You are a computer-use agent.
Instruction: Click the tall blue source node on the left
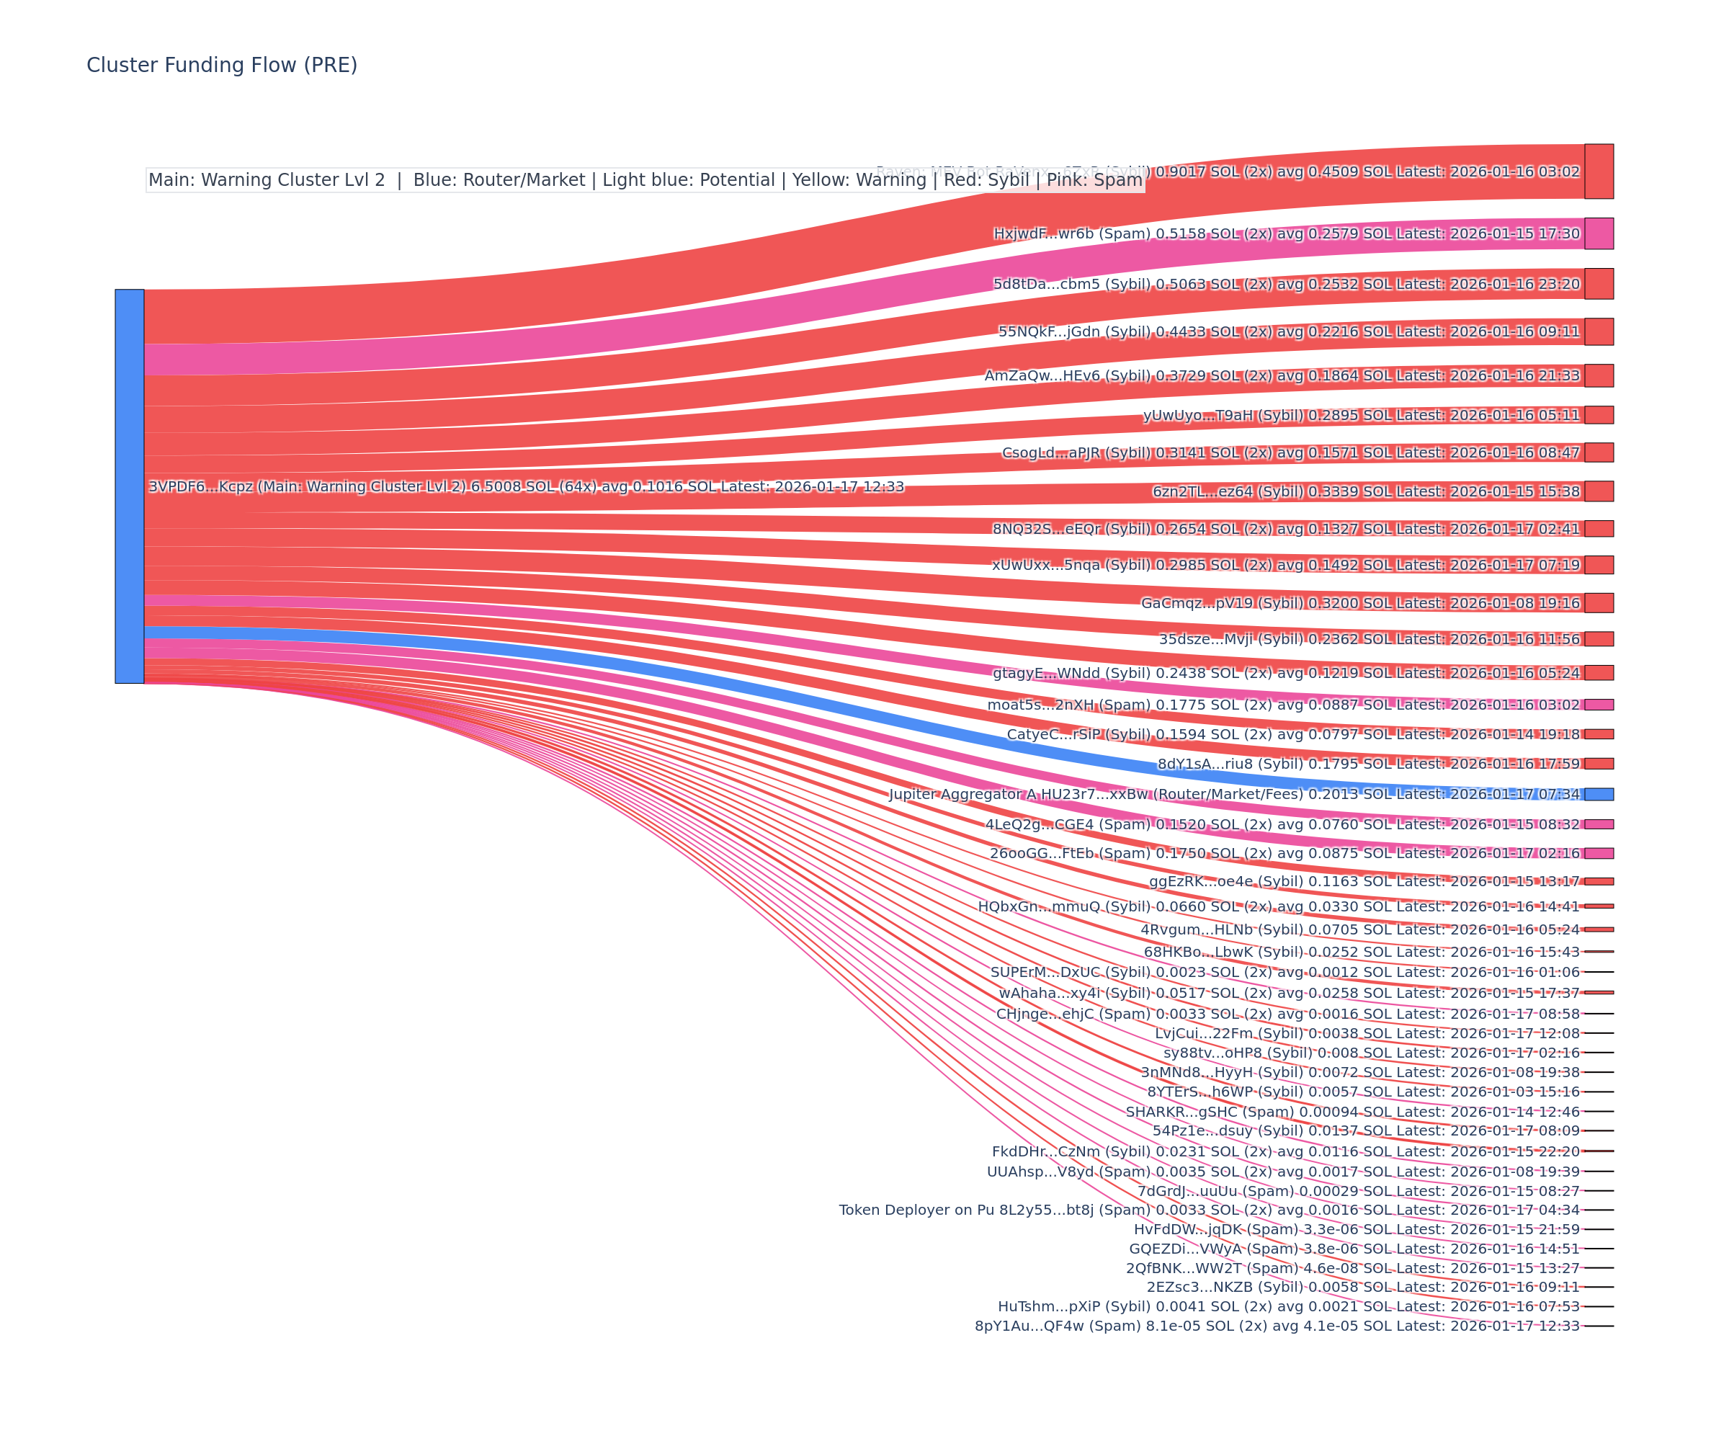tap(129, 486)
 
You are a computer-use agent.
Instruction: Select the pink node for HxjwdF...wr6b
tap(1598, 233)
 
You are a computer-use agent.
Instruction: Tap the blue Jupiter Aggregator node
tap(1598, 794)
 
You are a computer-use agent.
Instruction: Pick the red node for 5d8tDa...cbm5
tap(1598, 283)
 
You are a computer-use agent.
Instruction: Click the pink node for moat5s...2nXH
tap(1598, 704)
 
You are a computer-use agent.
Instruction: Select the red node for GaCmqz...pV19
tap(1598, 603)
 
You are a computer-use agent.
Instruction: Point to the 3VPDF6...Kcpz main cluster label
tap(525, 486)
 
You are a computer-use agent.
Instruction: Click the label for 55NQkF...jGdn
tap(1289, 332)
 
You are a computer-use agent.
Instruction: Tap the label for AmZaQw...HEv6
tap(1282, 375)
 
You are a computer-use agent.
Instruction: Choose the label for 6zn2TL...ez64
tap(1365, 491)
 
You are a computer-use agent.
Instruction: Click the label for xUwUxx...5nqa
tap(1285, 565)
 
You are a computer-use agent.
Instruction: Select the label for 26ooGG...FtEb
tap(1285, 853)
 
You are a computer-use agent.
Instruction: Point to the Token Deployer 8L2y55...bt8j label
tap(1209, 1210)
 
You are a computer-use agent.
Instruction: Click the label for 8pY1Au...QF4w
tap(1277, 1326)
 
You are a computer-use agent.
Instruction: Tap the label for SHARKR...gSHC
tap(1352, 1112)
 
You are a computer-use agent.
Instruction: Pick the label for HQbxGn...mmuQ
tap(1278, 906)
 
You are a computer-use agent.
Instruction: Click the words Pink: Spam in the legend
tap(1094, 180)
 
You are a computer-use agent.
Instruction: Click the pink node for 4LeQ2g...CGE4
tap(1598, 824)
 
